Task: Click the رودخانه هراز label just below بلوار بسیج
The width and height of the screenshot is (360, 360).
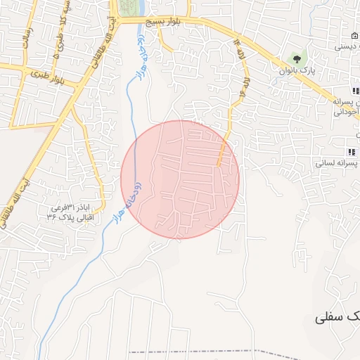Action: (x=142, y=53)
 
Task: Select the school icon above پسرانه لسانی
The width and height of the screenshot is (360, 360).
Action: (x=349, y=152)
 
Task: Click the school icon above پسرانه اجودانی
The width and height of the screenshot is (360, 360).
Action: (x=354, y=91)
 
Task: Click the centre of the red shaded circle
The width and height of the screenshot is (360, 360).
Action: (x=180, y=179)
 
